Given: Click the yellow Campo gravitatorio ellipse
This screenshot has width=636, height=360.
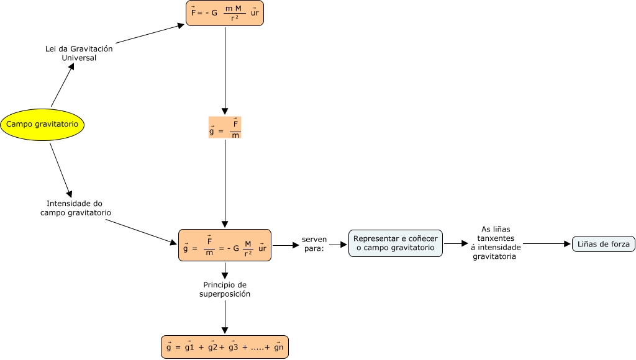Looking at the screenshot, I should pos(42,124).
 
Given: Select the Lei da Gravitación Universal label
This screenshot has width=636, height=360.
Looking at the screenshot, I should pos(79,53).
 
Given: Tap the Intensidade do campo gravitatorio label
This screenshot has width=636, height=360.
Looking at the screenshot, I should pos(75,208).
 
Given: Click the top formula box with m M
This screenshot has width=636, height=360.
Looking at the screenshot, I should pos(225,13).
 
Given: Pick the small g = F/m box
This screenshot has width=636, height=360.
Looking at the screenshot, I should pos(225,127).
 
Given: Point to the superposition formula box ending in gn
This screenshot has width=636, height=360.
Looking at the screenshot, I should pos(225,347).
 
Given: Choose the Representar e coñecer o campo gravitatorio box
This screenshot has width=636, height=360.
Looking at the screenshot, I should pos(396,243).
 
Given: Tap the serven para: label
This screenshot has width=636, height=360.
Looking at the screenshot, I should pos(314,244).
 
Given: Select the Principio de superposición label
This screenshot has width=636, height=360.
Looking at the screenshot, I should pos(225,289).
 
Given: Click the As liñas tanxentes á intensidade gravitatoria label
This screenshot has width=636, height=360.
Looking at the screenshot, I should pos(496,243).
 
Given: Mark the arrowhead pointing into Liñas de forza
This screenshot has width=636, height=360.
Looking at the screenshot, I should pos(567,245).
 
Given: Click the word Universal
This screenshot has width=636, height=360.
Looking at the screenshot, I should pos(79,58).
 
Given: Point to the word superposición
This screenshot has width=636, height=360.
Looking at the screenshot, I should pos(225,294).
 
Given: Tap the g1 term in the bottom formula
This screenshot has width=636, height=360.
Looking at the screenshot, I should pos(189,348).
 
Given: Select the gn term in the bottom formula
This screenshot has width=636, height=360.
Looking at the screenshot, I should pos(278,348).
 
